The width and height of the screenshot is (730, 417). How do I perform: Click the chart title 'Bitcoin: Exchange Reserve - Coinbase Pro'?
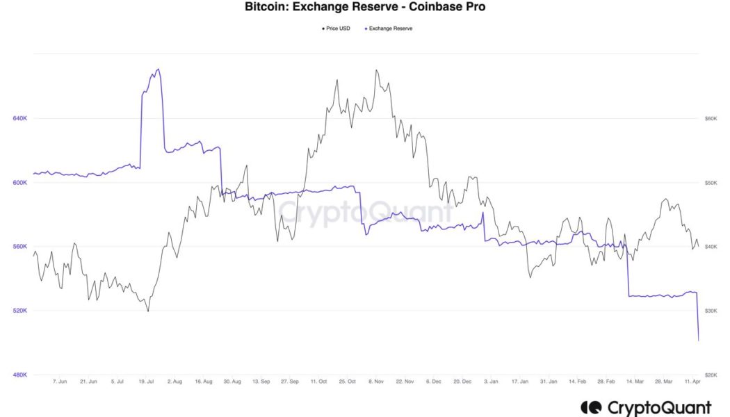tap(364, 8)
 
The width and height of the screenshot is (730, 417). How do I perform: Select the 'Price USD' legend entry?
tap(337, 28)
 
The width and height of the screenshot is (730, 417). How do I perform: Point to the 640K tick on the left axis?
tap(20, 119)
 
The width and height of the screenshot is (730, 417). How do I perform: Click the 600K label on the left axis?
tap(20, 183)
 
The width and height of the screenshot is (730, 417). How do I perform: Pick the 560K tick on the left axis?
tap(20, 247)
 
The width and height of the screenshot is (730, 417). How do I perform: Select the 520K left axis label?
tap(20, 311)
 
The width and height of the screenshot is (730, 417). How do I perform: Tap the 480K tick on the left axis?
tap(20, 375)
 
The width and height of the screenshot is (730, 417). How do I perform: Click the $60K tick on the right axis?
tap(711, 119)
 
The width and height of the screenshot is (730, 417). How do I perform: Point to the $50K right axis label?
tap(711, 183)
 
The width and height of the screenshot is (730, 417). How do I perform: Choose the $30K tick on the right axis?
tap(711, 311)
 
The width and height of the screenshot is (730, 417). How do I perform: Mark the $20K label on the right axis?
tap(711, 375)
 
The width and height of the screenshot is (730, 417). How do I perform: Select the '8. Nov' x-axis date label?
tap(376, 382)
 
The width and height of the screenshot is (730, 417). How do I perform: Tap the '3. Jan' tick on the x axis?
tap(492, 382)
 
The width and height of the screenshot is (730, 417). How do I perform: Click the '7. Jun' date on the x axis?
tap(60, 382)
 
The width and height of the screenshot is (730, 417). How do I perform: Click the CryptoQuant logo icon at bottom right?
tap(591, 407)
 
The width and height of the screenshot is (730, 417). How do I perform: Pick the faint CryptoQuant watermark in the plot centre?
tap(365, 212)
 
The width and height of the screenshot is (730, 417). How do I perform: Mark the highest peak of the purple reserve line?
tap(159, 69)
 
